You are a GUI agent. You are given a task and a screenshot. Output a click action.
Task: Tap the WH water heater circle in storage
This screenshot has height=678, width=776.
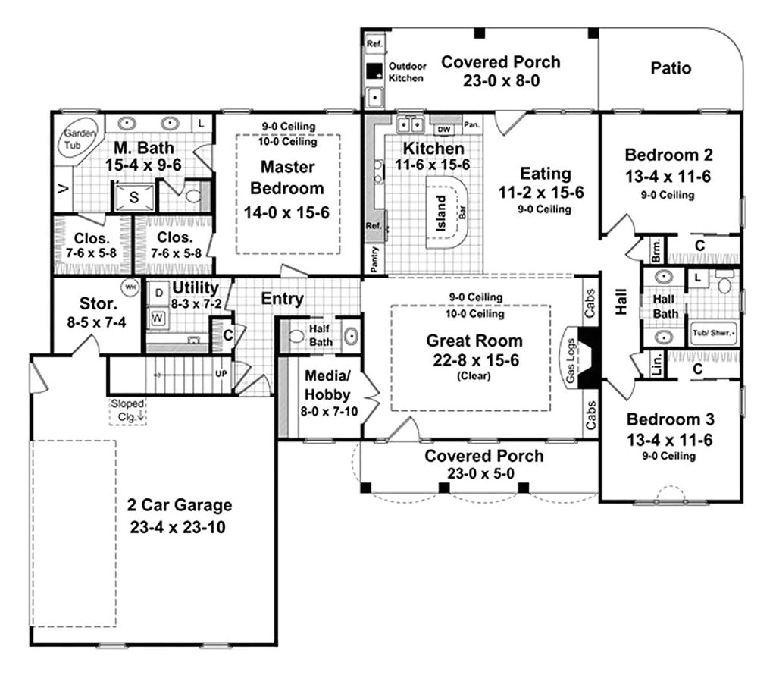[x=130, y=287]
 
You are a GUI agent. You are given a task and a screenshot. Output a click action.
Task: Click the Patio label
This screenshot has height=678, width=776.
[x=671, y=68]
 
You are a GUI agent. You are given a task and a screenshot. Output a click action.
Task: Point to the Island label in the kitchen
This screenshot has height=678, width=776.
[x=442, y=215]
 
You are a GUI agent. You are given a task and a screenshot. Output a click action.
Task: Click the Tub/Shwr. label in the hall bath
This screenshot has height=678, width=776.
[x=713, y=332]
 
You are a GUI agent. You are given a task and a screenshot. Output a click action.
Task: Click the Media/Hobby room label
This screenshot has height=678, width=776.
[x=327, y=384]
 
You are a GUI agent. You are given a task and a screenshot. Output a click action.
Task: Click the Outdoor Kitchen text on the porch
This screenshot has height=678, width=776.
[x=407, y=72]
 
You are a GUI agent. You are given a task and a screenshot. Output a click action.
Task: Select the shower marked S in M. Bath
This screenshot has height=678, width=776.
[x=133, y=196]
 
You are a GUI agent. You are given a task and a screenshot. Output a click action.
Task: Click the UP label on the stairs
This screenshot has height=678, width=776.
[x=221, y=373]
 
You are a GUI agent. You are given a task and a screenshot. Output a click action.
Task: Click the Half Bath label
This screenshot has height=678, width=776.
[x=320, y=335]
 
